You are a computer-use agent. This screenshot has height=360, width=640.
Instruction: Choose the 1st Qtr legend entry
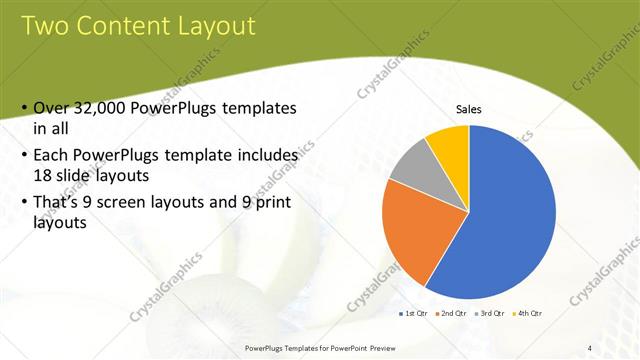415,314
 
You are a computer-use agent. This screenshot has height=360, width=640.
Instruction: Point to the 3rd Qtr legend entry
488,314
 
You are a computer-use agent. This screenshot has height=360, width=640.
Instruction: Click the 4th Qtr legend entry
525,314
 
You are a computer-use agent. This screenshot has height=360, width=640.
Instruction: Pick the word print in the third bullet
263,201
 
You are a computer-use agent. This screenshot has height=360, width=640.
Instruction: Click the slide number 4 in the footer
589,347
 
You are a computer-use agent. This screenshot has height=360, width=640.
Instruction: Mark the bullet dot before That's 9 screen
24,202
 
